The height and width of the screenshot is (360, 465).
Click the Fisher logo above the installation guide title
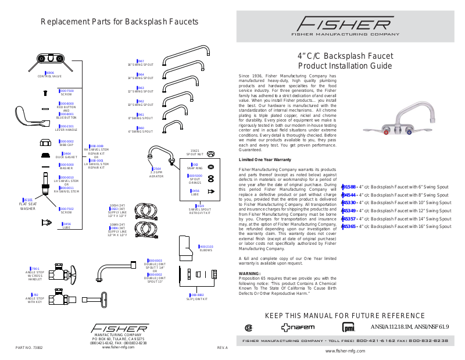coord(345,26)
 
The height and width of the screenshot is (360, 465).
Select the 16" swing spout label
coord(141,63)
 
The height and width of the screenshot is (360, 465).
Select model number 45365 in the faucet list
coord(349,226)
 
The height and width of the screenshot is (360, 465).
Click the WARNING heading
coord(249,273)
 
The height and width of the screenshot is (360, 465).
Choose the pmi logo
coord(348,327)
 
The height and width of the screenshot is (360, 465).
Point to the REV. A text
coord(222,347)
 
